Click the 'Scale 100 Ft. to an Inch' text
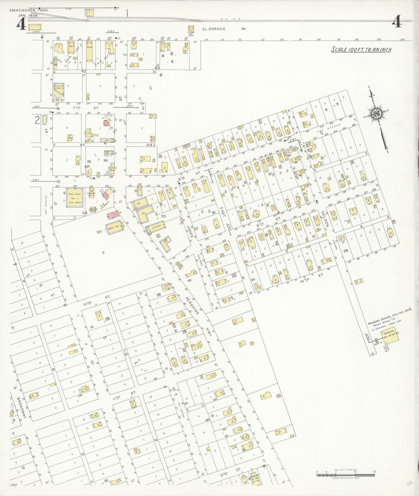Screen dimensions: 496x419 361,50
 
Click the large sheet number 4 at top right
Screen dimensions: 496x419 397,22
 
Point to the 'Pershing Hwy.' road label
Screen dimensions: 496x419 199,315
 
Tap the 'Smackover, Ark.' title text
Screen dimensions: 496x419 29,10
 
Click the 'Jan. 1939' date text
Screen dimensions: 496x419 28,15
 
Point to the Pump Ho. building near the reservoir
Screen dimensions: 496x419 377,341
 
